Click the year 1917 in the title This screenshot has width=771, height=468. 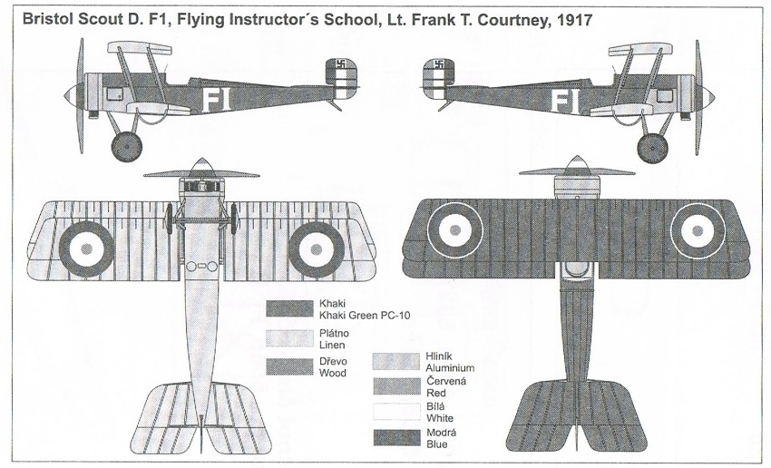point(571,20)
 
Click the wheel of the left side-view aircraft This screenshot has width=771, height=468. point(124,145)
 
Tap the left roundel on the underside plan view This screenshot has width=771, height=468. point(90,244)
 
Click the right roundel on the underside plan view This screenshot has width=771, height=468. point(315,244)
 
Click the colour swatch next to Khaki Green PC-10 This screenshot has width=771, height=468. point(289,308)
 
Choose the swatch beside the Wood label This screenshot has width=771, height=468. point(289,366)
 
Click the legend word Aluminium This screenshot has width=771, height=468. point(448,368)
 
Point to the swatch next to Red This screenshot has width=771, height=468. point(396,388)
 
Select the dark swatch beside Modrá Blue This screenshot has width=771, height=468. point(396,439)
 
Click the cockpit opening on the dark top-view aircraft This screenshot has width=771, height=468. point(573,270)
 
